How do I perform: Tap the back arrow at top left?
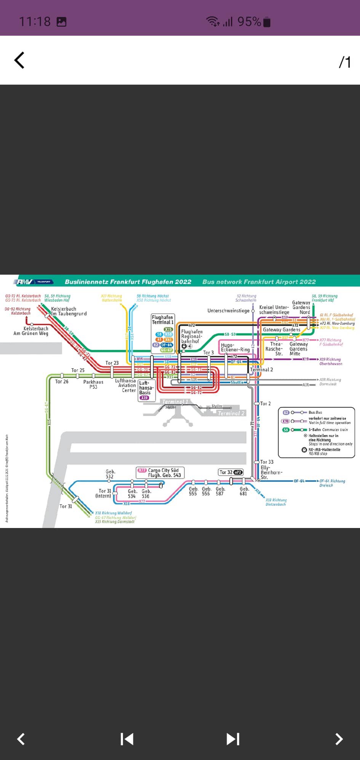click(x=19, y=60)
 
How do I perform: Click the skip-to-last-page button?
click(x=233, y=739)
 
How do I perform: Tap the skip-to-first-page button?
click(x=127, y=739)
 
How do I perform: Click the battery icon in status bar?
click(x=267, y=22)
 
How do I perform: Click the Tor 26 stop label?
click(x=62, y=381)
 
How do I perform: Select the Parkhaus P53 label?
click(x=93, y=384)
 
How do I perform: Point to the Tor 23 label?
click(x=112, y=363)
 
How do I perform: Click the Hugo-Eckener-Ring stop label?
click(x=235, y=347)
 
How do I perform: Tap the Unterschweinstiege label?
click(x=228, y=310)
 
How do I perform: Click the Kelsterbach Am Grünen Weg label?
click(x=31, y=331)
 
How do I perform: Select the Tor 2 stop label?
click(x=266, y=403)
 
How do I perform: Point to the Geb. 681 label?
click(x=244, y=491)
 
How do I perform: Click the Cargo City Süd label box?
click(x=160, y=473)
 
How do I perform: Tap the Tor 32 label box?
click(x=230, y=472)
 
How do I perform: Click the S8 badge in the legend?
click(x=286, y=430)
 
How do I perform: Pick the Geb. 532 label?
click(x=110, y=474)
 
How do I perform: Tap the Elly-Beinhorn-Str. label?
click(x=271, y=472)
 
